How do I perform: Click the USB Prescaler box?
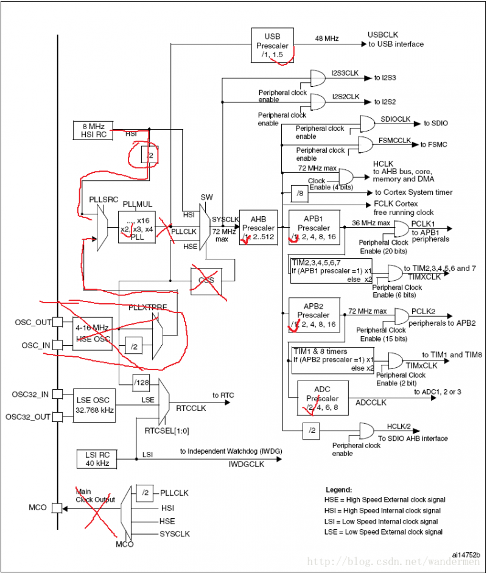[x=272, y=44]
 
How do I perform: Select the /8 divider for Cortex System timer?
[x=300, y=192]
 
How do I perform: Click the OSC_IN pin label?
[x=35, y=345]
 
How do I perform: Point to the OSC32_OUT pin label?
[x=28, y=417]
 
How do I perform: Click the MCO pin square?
[x=57, y=507]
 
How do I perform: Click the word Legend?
[x=338, y=489]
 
